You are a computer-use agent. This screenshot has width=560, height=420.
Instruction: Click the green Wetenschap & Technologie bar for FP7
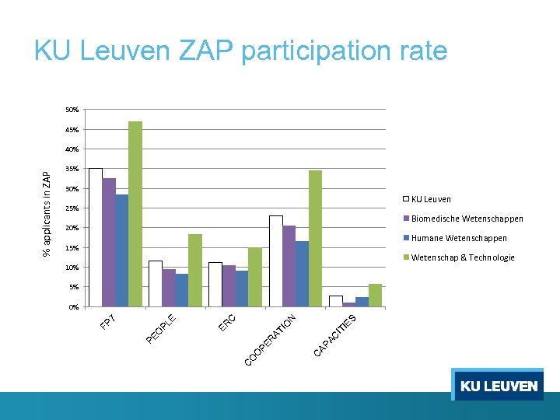click(x=135, y=214)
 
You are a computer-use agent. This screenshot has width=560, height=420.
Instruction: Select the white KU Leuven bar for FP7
click(x=96, y=237)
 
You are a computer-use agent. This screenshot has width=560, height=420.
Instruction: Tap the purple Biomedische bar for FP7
click(x=109, y=243)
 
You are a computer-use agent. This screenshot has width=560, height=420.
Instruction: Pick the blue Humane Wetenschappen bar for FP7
click(x=122, y=250)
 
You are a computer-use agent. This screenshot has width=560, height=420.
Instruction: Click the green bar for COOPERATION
click(x=315, y=238)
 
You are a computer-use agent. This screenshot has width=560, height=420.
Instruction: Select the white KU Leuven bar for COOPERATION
click(x=275, y=261)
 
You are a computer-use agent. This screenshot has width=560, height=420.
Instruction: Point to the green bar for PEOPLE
click(x=194, y=271)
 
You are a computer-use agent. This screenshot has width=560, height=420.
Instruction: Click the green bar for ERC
click(x=255, y=277)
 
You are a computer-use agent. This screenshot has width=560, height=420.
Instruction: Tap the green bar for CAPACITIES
click(x=375, y=296)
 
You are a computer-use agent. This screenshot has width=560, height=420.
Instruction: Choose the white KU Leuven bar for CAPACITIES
click(x=335, y=301)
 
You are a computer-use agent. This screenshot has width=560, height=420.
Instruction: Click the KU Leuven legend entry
click(x=430, y=199)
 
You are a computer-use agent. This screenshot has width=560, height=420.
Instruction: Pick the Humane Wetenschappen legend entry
click(x=458, y=238)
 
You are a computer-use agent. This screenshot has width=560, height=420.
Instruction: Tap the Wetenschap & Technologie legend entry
click(x=462, y=257)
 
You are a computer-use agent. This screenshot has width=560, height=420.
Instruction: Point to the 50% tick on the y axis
click(x=72, y=110)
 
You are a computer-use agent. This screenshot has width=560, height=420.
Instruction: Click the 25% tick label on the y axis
click(x=72, y=208)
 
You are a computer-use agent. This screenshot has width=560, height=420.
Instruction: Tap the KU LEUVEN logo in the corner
click(x=498, y=386)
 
